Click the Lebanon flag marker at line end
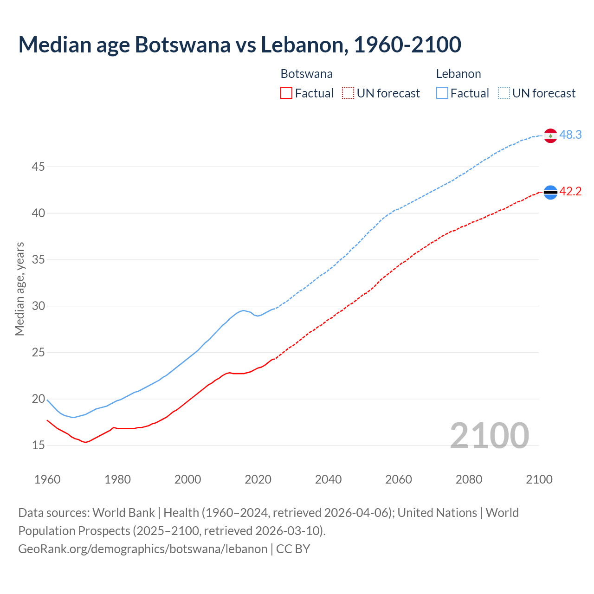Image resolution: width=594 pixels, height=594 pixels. [550, 136]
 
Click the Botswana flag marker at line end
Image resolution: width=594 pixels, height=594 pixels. [550, 192]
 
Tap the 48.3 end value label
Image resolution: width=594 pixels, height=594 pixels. [570, 135]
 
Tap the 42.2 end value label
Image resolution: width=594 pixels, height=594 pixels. [570, 192]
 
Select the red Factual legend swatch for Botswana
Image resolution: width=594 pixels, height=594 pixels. [286, 93]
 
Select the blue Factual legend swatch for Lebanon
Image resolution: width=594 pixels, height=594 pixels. [442, 93]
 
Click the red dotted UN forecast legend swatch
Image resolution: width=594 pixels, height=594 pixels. [348, 93]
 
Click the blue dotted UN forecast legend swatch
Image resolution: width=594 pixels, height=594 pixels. [504, 93]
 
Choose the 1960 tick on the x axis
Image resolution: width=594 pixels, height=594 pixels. [47, 479]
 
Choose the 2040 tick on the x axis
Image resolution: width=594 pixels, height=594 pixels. [328, 479]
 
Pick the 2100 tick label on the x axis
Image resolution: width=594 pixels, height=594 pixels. [539, 479]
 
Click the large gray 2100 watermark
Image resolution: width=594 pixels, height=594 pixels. [489, 435]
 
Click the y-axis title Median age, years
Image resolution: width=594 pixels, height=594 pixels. [19, 289]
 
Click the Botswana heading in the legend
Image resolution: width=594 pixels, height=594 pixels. [306, 74]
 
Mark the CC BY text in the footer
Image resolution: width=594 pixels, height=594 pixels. [293, 549]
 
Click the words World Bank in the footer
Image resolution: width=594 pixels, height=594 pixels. [123, 513]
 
